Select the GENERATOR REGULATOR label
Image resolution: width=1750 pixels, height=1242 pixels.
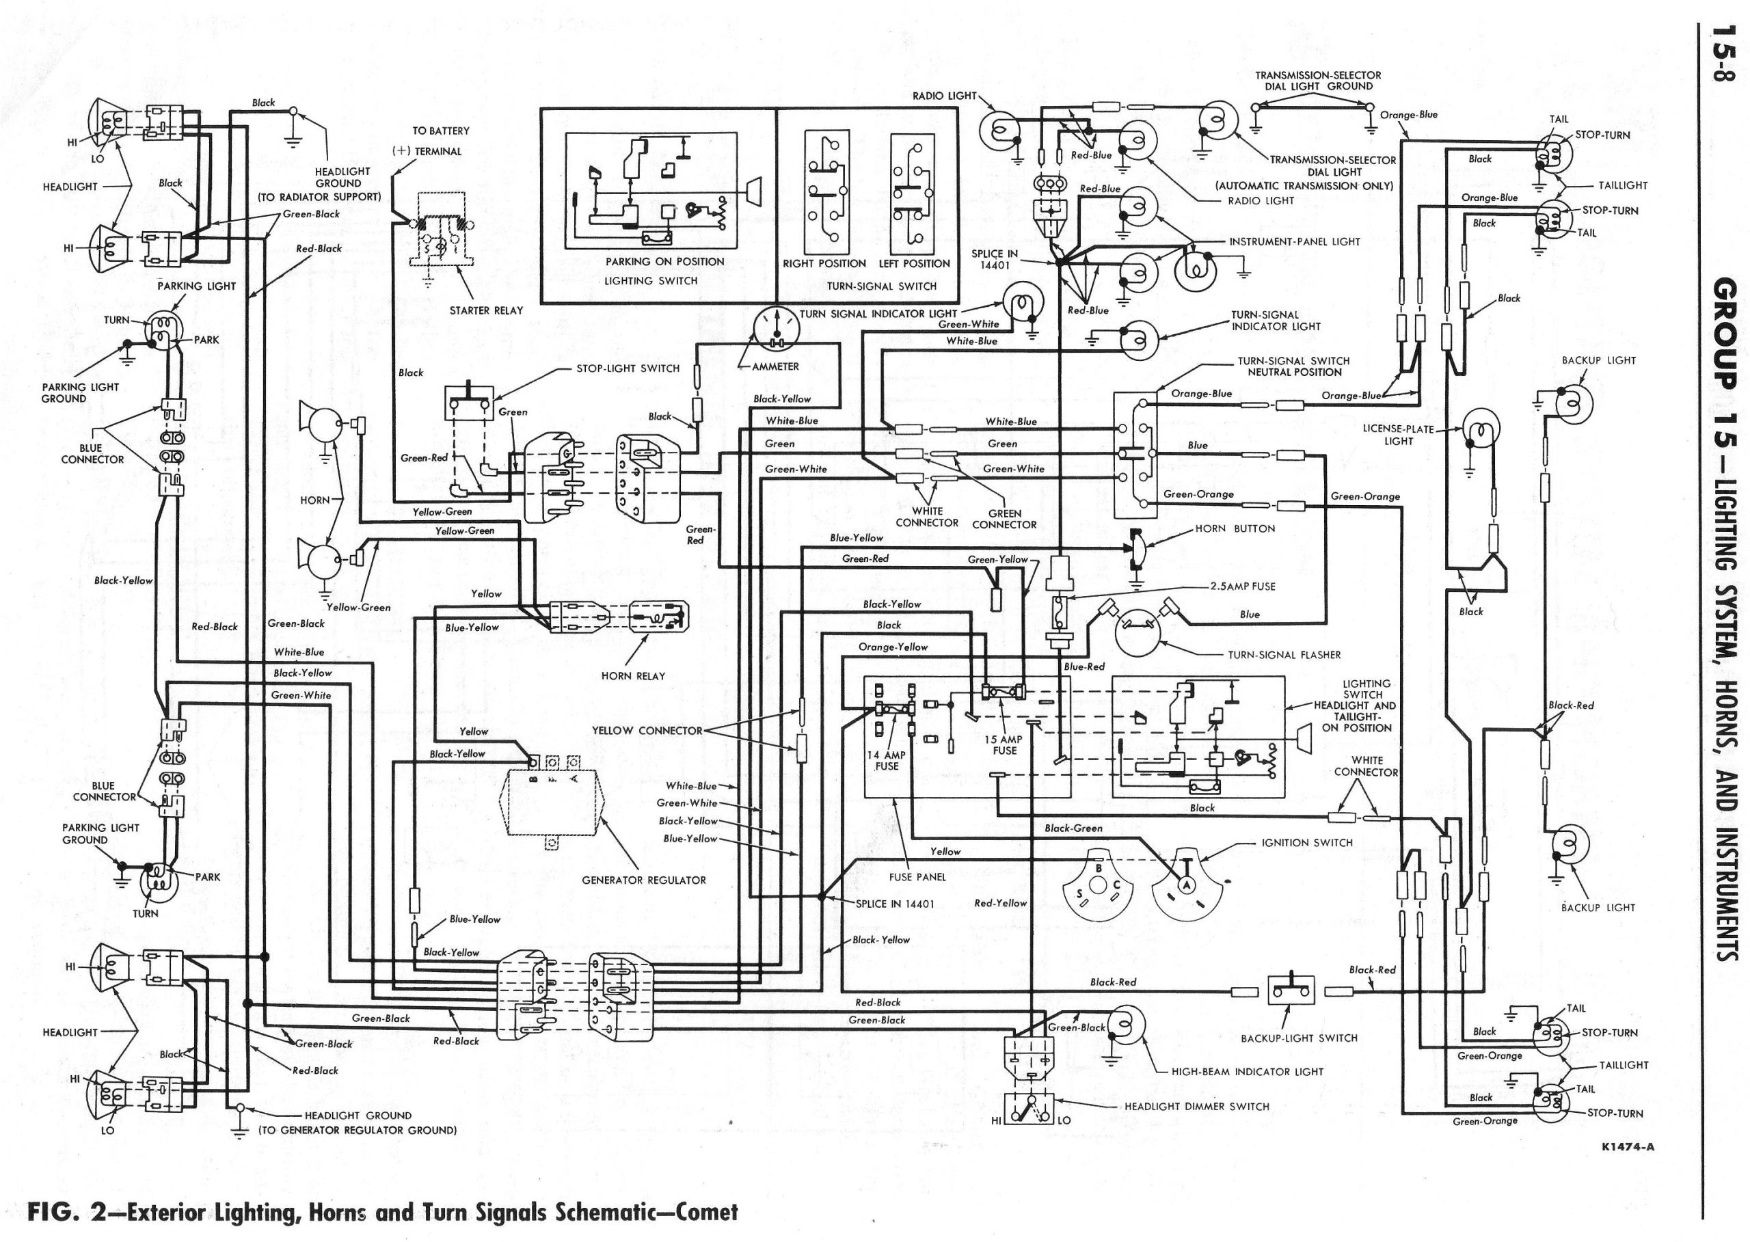(x=643, y=880)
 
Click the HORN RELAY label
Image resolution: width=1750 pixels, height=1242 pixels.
(x=633, y=676)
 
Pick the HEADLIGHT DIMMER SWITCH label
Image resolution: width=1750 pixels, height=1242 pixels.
(x=1196, y=1107)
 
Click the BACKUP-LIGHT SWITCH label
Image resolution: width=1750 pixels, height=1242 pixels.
(x=1299, y=1038)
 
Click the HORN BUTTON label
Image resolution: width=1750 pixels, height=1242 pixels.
(x=1235, y=528)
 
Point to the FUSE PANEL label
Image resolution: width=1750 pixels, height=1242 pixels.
(x=917, y=877)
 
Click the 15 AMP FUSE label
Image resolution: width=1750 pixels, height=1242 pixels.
(x=1004, y=745)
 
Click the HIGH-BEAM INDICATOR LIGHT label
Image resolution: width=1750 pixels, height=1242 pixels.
(x=1247, y=1071)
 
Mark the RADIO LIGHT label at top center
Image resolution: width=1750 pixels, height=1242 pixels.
(x=944, y=96)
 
